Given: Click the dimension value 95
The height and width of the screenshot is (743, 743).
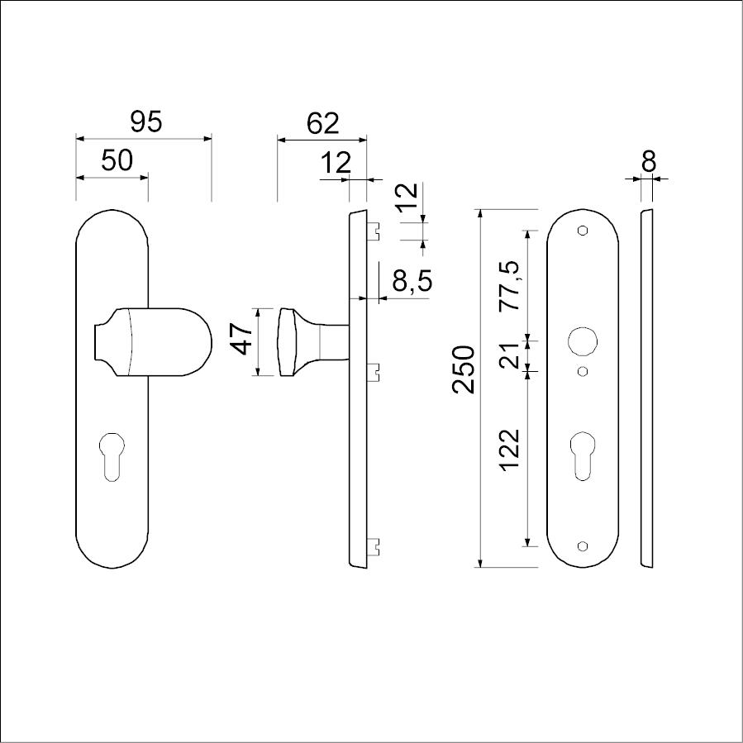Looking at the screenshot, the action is (x=146, y=121).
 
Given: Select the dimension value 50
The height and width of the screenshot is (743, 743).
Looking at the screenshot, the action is (x=117, y=160).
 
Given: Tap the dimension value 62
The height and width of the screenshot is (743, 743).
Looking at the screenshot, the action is (x=322, y=124).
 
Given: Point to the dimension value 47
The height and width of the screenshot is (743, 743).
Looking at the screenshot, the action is (x=243, y=340).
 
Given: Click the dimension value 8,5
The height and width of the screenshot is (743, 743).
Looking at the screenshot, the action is (x=412, y=280).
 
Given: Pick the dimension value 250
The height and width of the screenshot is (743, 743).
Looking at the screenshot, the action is (x=464, y=369).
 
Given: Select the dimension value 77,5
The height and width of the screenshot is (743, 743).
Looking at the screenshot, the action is (x=511, y=286).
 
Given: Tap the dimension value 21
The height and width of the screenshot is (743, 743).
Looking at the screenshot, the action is (x=511, y=356).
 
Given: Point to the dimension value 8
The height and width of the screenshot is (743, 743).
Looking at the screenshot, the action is (x=649, y=162).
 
